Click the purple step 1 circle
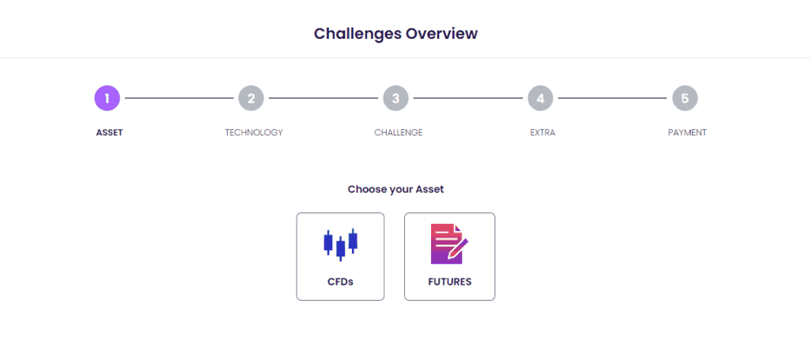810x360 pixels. pos(107,98)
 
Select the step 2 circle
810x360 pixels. pos(251,98)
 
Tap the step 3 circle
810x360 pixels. pos(396,98)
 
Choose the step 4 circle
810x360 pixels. pos(540,98)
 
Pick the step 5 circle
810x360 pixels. pos(685,98)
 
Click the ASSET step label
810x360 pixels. pos(109,133)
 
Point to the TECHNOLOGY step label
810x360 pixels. pos(254,133)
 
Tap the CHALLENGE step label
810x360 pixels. pos(399,133)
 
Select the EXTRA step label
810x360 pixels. pos(543,133)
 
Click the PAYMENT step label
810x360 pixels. pos(687,133)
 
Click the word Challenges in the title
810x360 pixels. pos(358,34)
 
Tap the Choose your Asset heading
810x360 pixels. pos(396,190)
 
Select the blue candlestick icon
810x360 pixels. pos(340,244)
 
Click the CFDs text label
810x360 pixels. pos(340,282)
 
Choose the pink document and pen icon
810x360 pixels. pos(449,244)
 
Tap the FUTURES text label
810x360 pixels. pos(449,282)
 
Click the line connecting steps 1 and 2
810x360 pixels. pos(180,98)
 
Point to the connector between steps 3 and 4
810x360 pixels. pos(468,98)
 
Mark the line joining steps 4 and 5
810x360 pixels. pos(613,98)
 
